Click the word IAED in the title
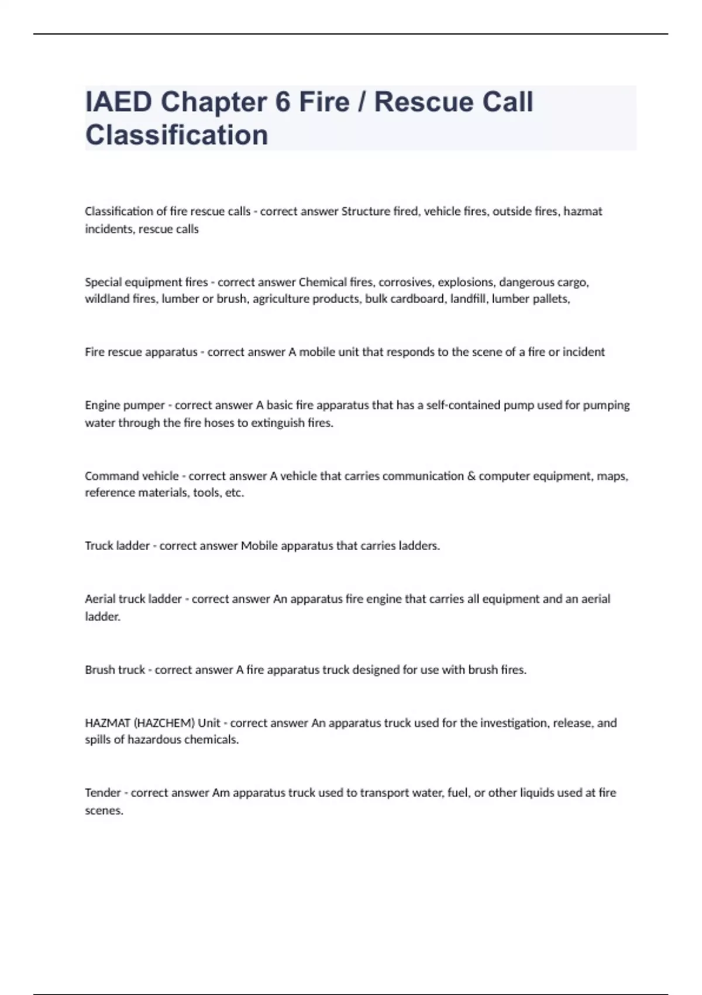coord(119,102)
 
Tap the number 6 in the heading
coord(283,102)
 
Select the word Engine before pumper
coord(103,405)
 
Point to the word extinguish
coord(277,423)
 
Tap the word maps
coord(612,476)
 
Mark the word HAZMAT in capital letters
coord(108,723)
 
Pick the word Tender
coord(103,793)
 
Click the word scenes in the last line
coord(104,811)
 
